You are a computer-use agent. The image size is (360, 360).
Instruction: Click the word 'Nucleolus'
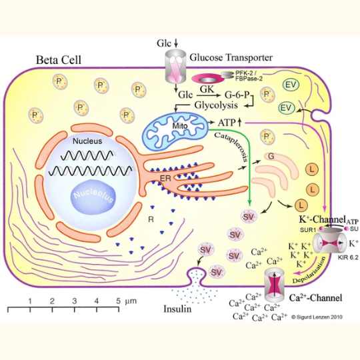(x=95, y=194)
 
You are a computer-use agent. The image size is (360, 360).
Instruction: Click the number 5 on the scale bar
(x=119, y=301)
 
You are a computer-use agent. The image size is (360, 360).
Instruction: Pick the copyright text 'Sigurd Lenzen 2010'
(x=315, y=318)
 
